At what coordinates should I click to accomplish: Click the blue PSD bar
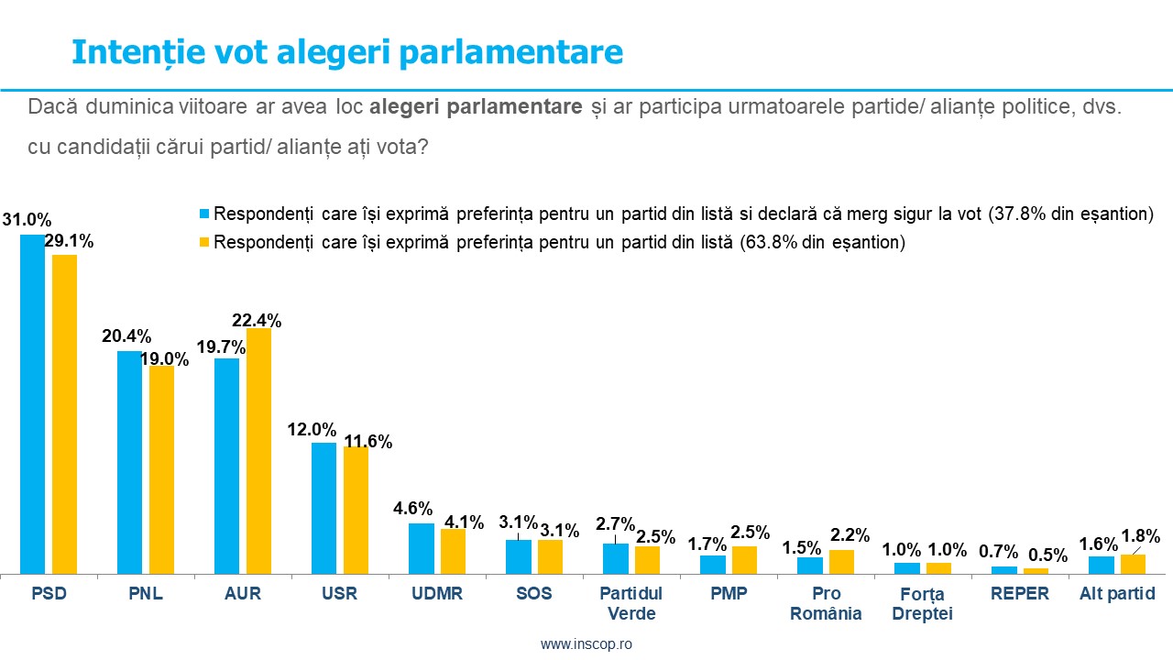[x=32, y=404]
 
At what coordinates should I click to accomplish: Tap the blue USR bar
[x=323, y=508]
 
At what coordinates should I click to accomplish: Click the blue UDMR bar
[x=421, y=548]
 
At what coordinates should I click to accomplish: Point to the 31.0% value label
[x=27, y=220]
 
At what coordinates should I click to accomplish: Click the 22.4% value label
[x=256, y=320]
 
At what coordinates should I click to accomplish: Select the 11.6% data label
[x=367, y=442]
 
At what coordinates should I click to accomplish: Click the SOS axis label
[x=533, y=594]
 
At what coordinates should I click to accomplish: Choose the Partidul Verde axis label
[x=630, y=603]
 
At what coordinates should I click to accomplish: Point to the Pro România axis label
[x=825, y=603]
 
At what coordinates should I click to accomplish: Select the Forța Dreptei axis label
[x=922, y=603]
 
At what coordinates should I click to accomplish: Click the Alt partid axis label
[x=1116, y=594]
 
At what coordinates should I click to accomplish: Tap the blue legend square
[x=205, y=214]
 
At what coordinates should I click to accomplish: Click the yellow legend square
[x=205, y=243]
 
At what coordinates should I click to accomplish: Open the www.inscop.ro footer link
[x=586, y=643]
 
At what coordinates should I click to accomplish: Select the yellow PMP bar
[x=744, y=560]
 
